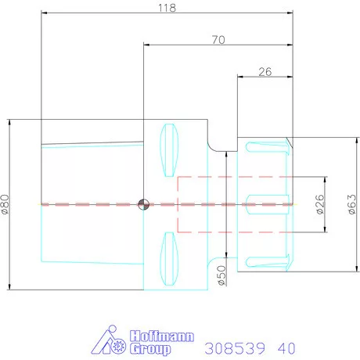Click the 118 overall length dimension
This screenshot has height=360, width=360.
[167, 8]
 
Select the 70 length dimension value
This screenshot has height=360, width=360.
[218, 40]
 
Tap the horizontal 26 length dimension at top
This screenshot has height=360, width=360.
[265, 72]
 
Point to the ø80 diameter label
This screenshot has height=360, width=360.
[5, 204]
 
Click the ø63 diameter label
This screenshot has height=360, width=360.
[352, 204]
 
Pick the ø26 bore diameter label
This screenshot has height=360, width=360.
[320, 204]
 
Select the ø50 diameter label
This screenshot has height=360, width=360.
[221, 275]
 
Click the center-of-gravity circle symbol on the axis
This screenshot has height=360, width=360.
[143, 204]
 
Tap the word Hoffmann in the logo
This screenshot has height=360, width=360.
[162, 337]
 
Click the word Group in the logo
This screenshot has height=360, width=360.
[150, 349]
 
